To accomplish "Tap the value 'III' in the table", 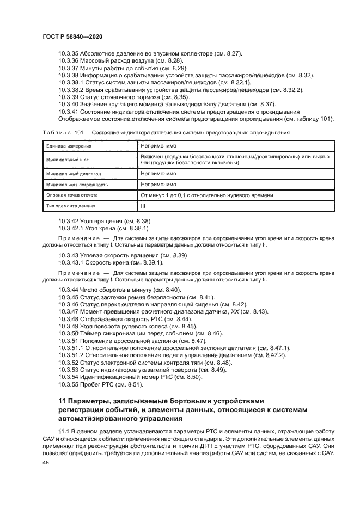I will click(143, 206).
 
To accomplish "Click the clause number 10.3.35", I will click(68, 54).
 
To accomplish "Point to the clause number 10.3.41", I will click(68, 111).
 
